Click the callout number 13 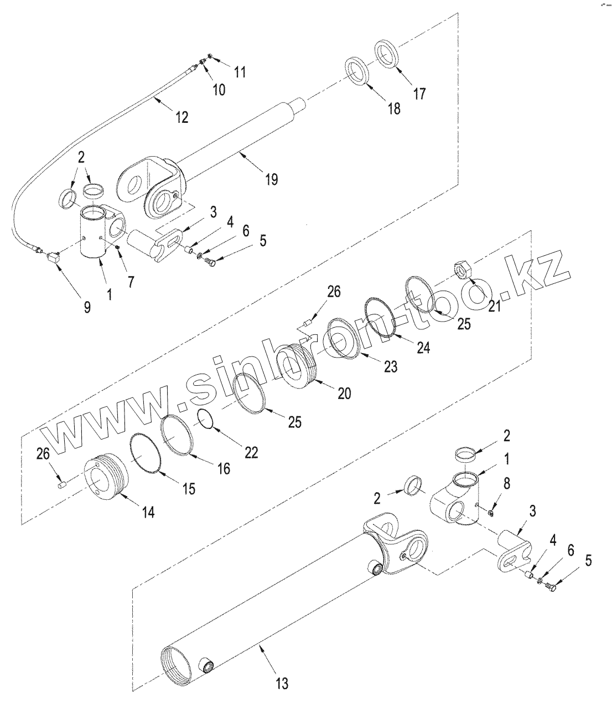click(x=282, y=684)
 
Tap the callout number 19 click(x=271, y=179)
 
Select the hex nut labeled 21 click(x=462, y=270)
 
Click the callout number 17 click(x=419, y=94)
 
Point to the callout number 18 click(x=393, y=108)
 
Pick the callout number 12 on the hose click(x=181, y=117)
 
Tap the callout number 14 click(x=147, y=512)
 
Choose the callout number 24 click(x=423, y=348)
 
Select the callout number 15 click(x=189, y=489)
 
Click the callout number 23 click(x=391, y=367)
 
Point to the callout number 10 click(x=219, y=90)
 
